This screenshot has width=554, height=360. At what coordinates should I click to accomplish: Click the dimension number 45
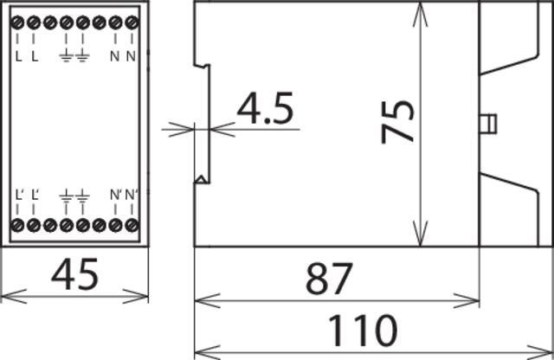pos(74,276)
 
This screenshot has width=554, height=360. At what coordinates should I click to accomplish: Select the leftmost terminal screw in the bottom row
pos(18,226)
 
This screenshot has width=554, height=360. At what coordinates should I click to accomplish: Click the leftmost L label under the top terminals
pos(19,58)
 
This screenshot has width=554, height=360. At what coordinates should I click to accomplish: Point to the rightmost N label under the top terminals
pos(132,58)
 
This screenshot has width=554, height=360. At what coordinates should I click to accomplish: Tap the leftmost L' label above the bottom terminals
pos(20,194)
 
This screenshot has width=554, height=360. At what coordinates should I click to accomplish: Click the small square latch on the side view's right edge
pos(488,123)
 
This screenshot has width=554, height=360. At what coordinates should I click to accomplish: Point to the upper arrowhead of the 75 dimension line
pos(421,9)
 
